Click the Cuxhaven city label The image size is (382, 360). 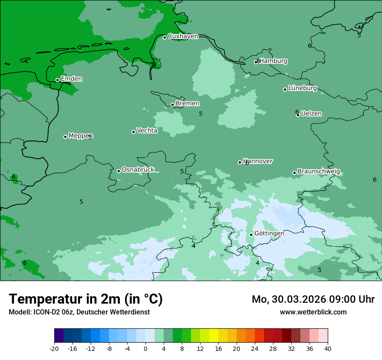point(183,36)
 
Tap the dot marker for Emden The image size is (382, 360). point(57,80)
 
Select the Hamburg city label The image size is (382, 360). point(273,61)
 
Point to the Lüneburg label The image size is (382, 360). point(302,88)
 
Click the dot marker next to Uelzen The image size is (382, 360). point(298,115)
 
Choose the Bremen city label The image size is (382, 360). point(187,104)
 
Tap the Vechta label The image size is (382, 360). point(147,131)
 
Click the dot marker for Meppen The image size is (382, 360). point(65,137)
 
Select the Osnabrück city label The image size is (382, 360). point(138,170)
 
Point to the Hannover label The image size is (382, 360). point(258,161)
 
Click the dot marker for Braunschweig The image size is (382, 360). point(294,173)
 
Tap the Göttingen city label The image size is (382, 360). point(269,234)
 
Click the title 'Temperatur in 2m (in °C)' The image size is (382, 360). point(86,299)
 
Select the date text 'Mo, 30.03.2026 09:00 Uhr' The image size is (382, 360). point(313,299)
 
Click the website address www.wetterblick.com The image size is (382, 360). point(313,312)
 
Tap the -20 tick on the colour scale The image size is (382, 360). point(54,348)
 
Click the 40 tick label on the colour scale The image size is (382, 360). point(328,348)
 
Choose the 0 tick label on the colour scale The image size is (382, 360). point(145,348)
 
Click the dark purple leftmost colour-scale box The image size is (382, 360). point(59,336)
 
